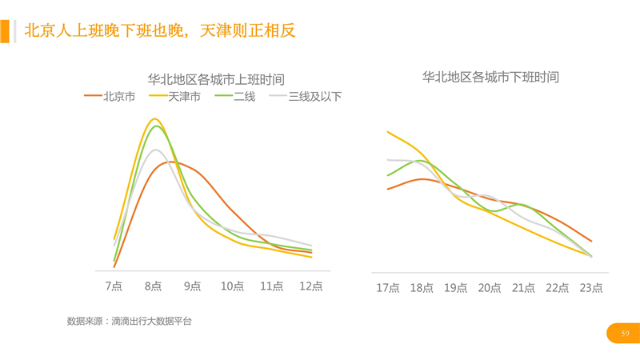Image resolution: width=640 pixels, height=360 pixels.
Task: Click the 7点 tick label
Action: [114, 286]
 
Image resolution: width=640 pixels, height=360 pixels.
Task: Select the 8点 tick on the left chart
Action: [154, 286]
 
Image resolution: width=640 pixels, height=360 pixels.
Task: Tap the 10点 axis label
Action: [232, 286]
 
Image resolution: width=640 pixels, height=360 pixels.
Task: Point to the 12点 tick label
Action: [311, 286]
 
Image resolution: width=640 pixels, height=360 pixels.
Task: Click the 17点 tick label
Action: [388, 288]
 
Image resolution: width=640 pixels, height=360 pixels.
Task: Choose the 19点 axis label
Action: [455, 288]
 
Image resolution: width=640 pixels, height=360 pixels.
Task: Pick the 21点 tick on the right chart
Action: [523, 288]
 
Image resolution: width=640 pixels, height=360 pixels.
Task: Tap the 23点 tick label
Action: [591, 288]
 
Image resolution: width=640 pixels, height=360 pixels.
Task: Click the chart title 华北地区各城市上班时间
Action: [216, 80]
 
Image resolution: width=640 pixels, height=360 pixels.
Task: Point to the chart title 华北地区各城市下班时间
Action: [490, 78]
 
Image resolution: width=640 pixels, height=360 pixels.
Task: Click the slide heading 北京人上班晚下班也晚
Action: [160, 31]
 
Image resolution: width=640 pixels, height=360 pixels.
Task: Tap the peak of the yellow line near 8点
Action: [154, 118]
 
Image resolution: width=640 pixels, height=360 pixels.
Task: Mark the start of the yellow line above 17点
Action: [388, 132]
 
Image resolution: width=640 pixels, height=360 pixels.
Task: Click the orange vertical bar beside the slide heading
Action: [5, 31]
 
